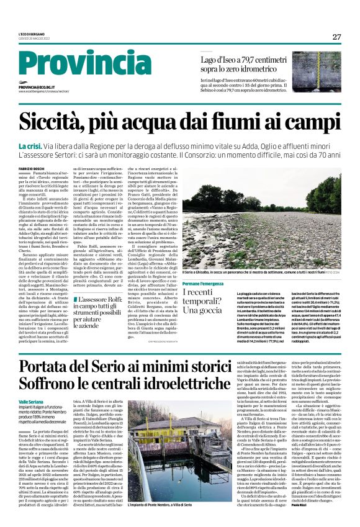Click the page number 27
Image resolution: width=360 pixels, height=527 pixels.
pyautogui.click(x=336, y=37)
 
